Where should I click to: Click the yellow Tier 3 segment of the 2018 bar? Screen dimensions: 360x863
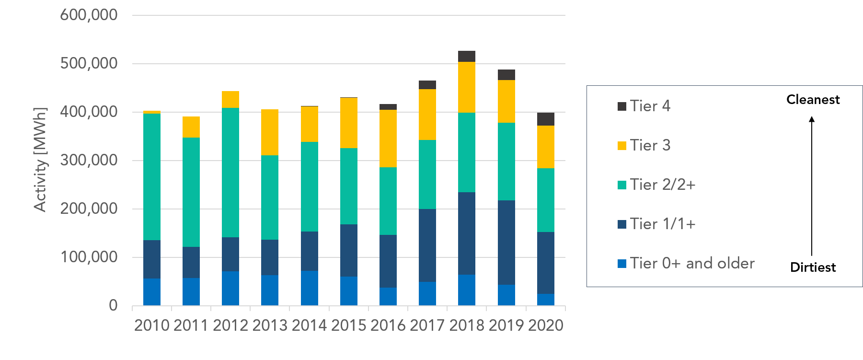pyautogui.click(x=466, y=87)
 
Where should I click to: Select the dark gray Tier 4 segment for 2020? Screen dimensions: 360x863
pyautogui.click(x=545, y=119)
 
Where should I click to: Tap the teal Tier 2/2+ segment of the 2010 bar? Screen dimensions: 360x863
pyautogui.click(x=152, y=176)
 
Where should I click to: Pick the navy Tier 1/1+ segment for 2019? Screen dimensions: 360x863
pyautogui.click(x=506, y=242)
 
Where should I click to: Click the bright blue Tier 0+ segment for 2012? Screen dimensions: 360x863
pyautogui.click(x=230, y=288)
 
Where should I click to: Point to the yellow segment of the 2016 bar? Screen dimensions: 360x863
pyautogui.click(x=388, y=138)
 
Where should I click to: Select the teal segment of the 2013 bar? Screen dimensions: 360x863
pyautogui.click(x=270, y=197)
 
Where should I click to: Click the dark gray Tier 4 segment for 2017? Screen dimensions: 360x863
pyautogui.click(x=427, y=85)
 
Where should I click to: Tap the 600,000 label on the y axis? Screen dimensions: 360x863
pyautogui.click(x=89, y=15)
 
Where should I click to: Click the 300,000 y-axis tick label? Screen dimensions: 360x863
pyautogui.click(x=89, y=160)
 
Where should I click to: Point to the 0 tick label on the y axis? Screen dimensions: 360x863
pyautogui.click(x=113, y=305)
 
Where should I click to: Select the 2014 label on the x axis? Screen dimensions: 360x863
pyautogui.click(x=309, y=325)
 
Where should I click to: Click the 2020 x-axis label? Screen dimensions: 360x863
pyautogui.click(x=546, y=325)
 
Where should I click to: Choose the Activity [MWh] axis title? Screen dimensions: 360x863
pyautogui.click(x=41, y=160)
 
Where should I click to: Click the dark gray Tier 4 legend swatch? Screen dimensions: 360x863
pyautogui.click(x=622, y=106)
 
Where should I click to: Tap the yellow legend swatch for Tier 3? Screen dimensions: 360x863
pyautogui.click(x=622, y=145)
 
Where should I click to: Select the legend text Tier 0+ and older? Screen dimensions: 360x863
pyautogui.click(x=692, y=263)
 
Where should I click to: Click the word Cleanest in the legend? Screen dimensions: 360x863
pyautogui.click(x=813, y=100)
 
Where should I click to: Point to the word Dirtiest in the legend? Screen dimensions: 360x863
pyautogui.click(x=813, y=267)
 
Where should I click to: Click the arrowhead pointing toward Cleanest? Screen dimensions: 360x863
pyautogui.click(x=812, y=119)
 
